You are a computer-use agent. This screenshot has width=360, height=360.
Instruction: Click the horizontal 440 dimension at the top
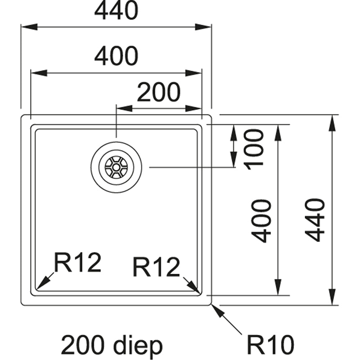pyautogui.click(x=116, y=11)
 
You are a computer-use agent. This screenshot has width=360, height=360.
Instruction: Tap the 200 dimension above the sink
pyautogui.click(x=159, y=93)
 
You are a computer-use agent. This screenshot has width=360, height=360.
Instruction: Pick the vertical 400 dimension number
pyautogui.click(x=262, y=221)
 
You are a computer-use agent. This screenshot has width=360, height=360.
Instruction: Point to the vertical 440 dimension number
pyautogui.click(x=315, y=219)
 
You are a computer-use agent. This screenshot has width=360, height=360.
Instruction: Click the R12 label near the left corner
pyautogui.click(x=77, y=263)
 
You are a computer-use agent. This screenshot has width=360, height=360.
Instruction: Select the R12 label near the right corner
pyautogui.click(x=156, y=267)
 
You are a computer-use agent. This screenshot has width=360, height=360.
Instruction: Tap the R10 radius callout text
pyautogui.click(x=270, y=346)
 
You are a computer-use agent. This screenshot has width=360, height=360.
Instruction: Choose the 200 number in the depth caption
pyautogui.click(x=81, y=346)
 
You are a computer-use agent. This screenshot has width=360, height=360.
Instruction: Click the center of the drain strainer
pyautogui.click(x=116, y=167)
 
